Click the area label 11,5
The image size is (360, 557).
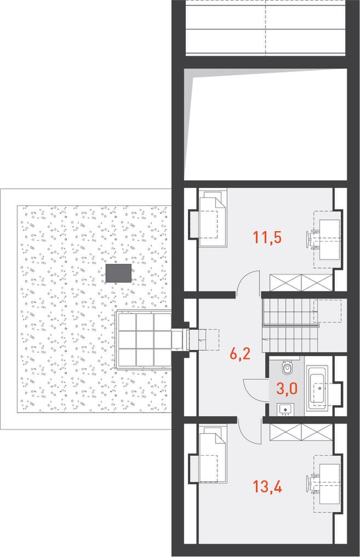point(267,237)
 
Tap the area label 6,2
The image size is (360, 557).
point(240,354)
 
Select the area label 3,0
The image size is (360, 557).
point(287,389)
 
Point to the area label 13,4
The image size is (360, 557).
point(267,487)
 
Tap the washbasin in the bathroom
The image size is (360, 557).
point(285,410)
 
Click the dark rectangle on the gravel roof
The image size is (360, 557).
point(118,273)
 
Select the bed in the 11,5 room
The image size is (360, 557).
point(213,217)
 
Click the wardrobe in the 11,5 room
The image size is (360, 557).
point(301,283)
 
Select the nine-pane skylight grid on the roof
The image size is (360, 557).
point(144,339)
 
